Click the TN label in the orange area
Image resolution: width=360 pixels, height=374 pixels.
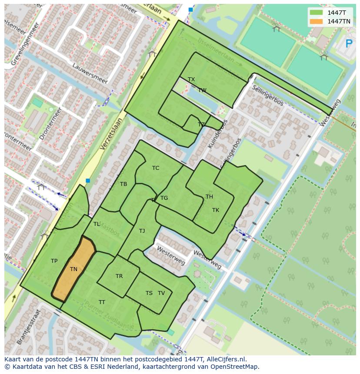(x=74, y=269)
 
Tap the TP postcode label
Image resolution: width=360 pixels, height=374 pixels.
(x=54, y=261)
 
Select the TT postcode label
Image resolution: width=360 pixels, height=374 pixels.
(x=102, y=302)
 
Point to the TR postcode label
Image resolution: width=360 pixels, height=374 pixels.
(x=119, y=276)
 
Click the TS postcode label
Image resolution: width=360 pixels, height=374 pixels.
(x=149, y=293)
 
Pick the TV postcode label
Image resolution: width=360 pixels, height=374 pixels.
(x=161, y=293)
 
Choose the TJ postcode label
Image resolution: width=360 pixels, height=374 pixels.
(x=142, y=231)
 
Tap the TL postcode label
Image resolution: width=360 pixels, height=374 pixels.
(x=97, y=224)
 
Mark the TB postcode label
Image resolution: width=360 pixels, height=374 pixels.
(x=123, y=184)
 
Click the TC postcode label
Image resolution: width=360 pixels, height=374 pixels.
(x=156, y=168)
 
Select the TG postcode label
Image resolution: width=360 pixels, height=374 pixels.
(x=164, y=198)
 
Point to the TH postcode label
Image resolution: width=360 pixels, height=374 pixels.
(x=209, y=197)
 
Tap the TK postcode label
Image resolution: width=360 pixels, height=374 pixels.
(x=216, y=210)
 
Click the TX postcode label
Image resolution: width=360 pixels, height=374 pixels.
(x=191, y=79)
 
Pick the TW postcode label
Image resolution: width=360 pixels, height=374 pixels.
(x=202, y=90)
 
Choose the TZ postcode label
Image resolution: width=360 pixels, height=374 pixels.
(x=201, y=125)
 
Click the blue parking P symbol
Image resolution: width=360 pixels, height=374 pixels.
(x=348, y=43)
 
